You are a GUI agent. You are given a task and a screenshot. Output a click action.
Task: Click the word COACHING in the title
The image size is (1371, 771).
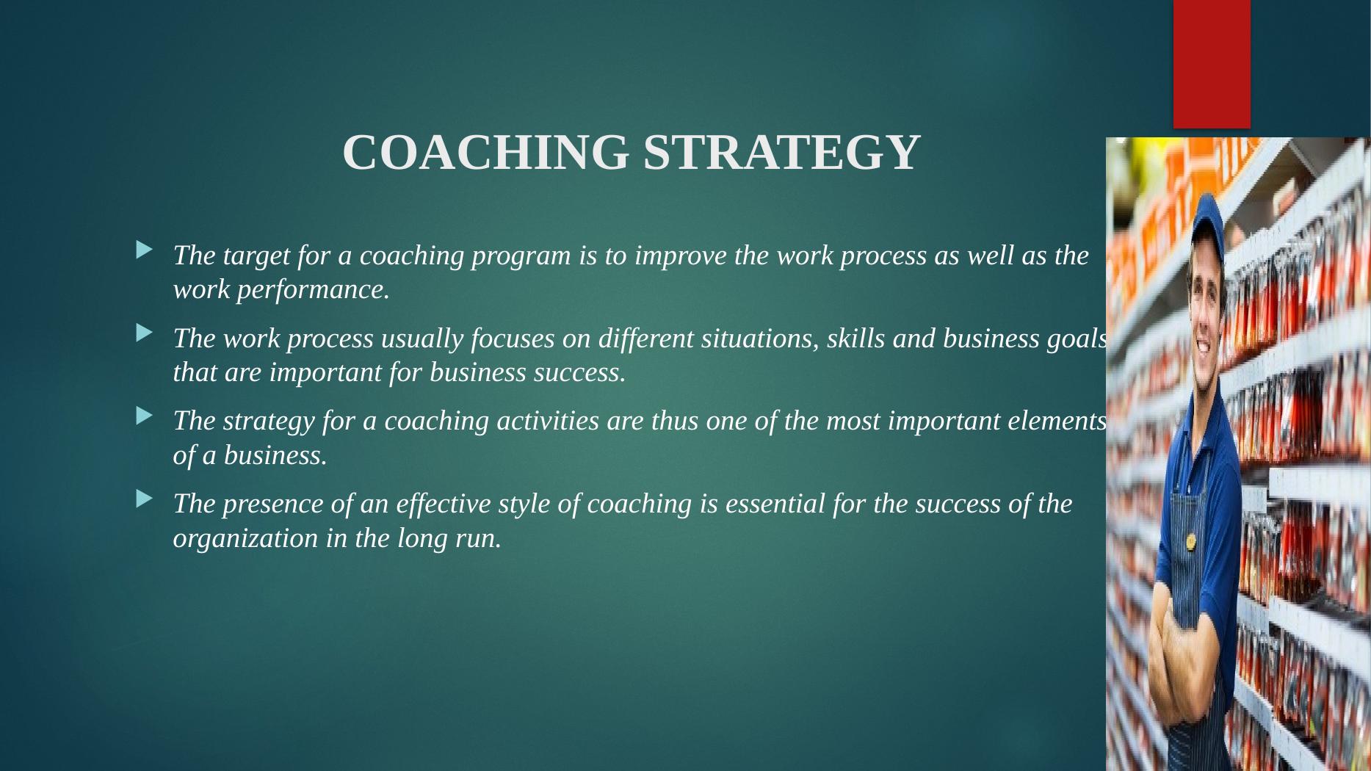(x=485, y=153)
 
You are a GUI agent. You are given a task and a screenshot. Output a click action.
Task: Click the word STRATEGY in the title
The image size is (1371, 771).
(x=782, y=153)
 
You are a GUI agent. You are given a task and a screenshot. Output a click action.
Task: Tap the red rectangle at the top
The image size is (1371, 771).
(x=1212, y=64)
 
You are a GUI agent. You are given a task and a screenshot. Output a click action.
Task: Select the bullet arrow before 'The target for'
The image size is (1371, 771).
(x=145, y=250)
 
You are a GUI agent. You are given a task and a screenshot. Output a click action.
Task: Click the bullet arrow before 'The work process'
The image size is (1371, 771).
(x=145, y=333)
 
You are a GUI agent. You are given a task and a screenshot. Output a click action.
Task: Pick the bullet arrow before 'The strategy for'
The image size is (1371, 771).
(x=145, y=416)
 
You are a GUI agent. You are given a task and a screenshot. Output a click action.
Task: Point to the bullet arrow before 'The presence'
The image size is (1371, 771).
(x=145, y=499)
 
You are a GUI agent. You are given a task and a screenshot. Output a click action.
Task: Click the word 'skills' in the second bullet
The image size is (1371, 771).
(x=856, y=339)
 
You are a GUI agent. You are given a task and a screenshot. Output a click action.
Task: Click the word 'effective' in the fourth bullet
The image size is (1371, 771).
(x=444, y=504)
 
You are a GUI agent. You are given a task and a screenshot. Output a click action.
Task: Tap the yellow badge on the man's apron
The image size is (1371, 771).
(x=1190, y=543)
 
